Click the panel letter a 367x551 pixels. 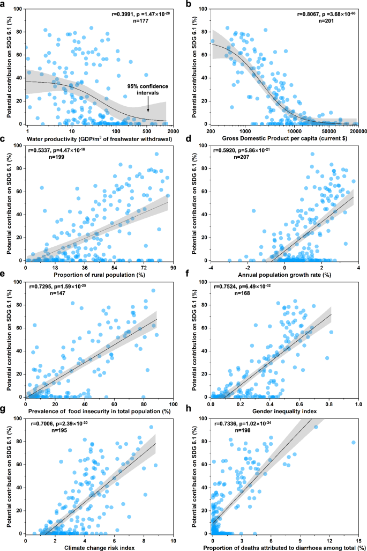pos(5,4)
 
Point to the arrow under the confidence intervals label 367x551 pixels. pos(148,106)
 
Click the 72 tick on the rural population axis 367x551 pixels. pos(144,267)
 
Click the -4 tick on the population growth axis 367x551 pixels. pos(212,267)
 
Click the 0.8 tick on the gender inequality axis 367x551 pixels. pos(320,403)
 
